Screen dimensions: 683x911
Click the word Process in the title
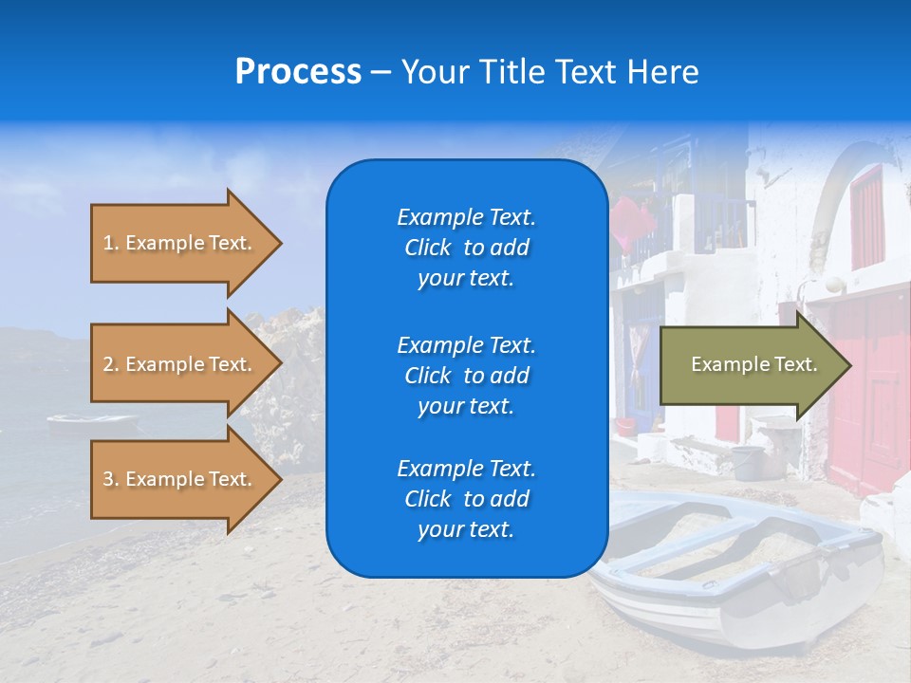(x=298, y=72)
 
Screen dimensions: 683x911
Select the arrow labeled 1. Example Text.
(x=180, y=243)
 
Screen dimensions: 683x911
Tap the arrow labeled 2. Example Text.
(x=180, y=364)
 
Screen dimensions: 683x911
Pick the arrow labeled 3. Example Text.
(x=180, y=479)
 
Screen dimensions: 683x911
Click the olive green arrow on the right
(x=750, y=364)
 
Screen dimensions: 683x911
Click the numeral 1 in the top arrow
(x=108, y=243)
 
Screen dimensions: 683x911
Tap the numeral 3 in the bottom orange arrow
(x=108, y=479)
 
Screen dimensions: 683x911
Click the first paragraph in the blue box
(x=466, y=248)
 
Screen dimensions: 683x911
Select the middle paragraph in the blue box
(x=466, y=375)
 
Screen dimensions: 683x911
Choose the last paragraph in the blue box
(x=466, y=499)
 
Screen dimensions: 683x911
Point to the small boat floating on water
(x=92, y=421)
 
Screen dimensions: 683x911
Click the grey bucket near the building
(x=747, y=462)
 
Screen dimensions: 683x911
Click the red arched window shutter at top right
(x=866, y=218)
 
